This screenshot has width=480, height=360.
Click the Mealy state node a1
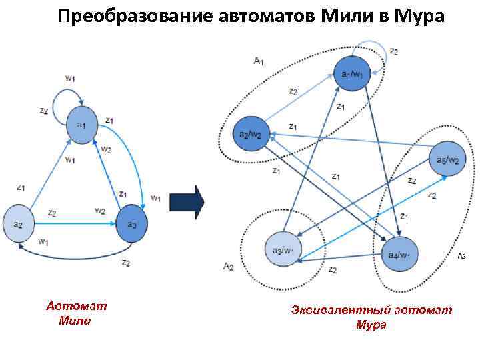82,125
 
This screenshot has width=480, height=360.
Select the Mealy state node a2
19,225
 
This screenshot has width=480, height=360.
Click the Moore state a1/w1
351,73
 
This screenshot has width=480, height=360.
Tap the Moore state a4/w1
403,254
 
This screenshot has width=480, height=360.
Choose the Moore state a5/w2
446,161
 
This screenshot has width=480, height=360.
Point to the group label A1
259,61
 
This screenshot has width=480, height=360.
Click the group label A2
228,267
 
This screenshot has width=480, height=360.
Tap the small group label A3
461,256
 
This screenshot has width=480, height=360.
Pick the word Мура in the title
421,15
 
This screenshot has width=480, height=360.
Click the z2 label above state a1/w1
394,52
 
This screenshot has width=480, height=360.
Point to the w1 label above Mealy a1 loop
70,78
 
